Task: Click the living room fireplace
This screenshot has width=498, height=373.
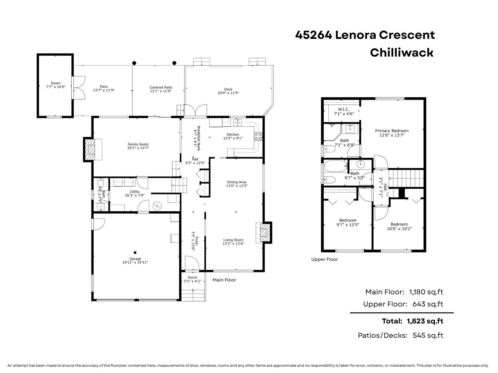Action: coord(264,232)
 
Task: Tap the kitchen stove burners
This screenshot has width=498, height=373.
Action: coord(258,136)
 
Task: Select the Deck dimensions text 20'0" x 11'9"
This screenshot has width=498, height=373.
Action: coord(228,93)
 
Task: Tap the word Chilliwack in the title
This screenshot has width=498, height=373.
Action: coord(402,53)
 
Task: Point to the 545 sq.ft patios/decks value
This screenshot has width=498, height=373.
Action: coord(428,335)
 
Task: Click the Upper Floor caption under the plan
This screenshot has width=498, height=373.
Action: coord(324,259)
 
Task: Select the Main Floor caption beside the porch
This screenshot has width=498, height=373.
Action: coord(224,280)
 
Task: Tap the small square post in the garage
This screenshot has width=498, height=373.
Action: coord(135,253)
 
